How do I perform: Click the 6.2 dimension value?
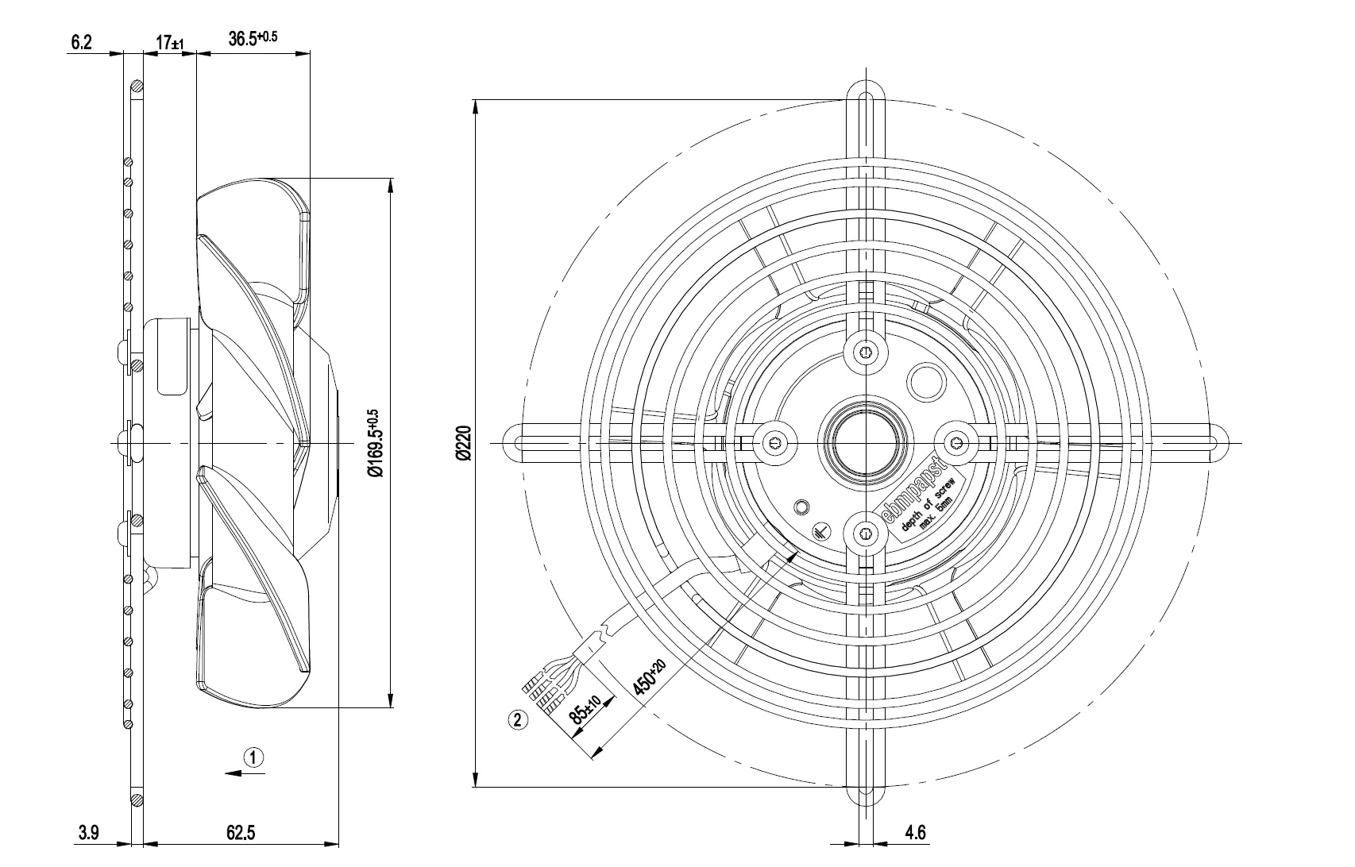point(82,42)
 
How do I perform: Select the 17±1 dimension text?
point(170,43)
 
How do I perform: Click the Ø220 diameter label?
point(464,443)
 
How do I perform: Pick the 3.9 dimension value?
point(88,833)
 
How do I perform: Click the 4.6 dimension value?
point(915,833)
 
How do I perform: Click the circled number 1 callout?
point(253,757)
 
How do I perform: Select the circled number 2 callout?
point(517,721)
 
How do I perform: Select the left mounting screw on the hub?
point(775,442)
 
